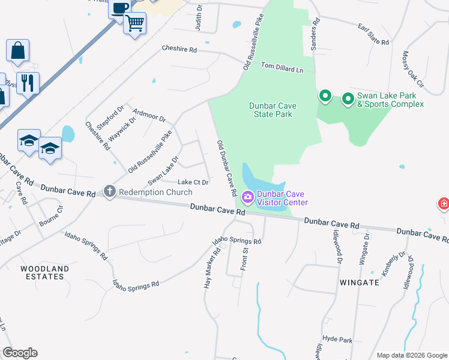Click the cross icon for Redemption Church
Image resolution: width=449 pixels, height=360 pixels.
(109, 191)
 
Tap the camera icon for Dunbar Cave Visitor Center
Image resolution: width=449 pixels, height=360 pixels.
(247, 197)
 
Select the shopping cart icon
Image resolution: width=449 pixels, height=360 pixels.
(135, 23)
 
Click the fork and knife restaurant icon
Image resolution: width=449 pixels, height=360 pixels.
(28, 82)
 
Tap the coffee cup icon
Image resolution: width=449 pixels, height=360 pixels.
(119, 8)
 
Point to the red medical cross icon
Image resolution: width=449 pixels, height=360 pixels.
(444, 204)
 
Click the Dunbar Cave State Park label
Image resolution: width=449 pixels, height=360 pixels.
(271, 110)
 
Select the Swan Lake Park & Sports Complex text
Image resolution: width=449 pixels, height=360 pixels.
(390, 100)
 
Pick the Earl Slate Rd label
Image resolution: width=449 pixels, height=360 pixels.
(373, 35)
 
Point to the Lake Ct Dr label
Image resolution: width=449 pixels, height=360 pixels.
(193, 182)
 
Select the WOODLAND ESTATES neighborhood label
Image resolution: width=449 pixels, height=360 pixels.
(42, 272)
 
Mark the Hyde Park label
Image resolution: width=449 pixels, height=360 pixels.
(337, 339)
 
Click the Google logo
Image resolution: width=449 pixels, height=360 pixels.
(20, 353)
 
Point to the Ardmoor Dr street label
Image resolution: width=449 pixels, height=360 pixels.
(149, 115)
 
